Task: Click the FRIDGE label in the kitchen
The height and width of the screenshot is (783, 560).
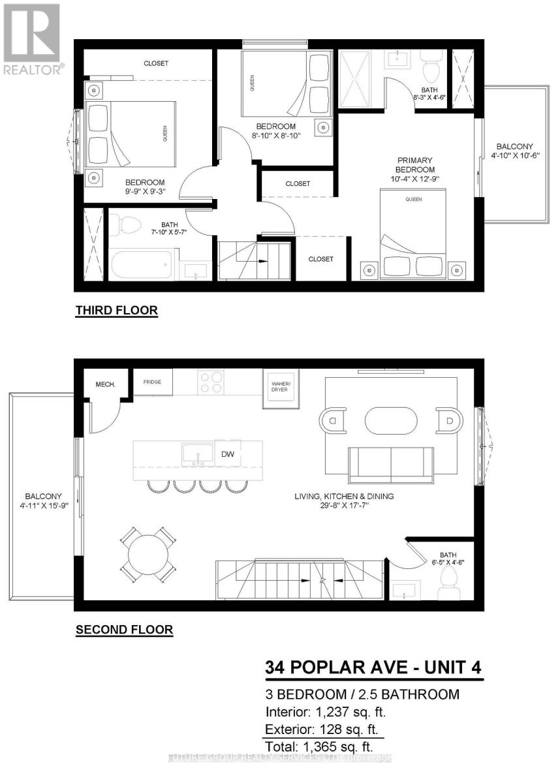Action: click(x=153, y=381)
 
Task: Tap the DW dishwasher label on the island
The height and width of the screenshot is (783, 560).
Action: click(x=228, y=453)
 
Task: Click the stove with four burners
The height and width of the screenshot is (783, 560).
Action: click(x=211, y=382)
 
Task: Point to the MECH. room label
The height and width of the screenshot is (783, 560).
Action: click(x=105, y=384)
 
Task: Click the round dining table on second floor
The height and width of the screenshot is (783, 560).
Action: click(x=148, y=555)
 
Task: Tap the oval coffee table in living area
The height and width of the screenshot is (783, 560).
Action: click(x=390, y=421)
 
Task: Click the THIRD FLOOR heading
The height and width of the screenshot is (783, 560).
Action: click(x=117, y=310)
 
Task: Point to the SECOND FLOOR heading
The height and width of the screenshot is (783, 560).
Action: click(x=124, y=630)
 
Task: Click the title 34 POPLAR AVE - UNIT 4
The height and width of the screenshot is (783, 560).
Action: click(x=375, y=668)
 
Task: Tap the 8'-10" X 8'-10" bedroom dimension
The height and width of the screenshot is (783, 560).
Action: click(x=275, y=136)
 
